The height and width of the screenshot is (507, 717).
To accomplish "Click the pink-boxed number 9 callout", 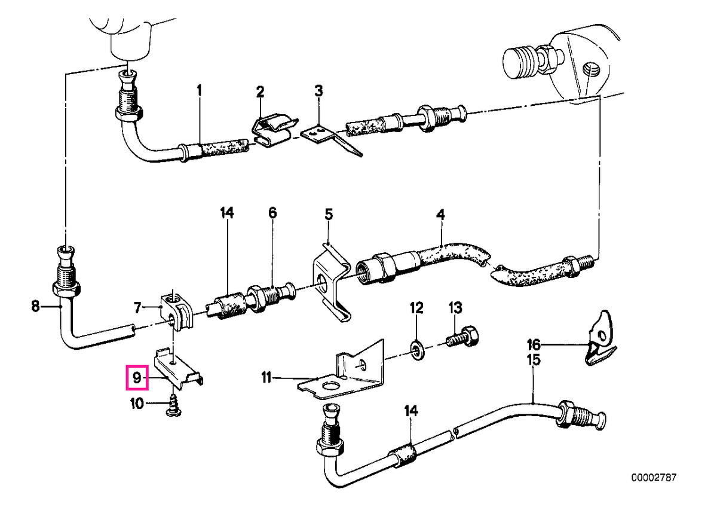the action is coord(137,378).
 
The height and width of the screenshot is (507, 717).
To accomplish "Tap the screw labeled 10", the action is coord(173,405).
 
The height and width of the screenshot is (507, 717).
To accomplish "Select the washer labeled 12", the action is coord(416,351).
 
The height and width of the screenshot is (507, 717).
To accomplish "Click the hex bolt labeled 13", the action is coord(462,341).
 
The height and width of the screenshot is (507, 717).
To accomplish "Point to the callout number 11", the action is coord(266,378).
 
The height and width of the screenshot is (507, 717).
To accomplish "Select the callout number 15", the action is coord(534,360).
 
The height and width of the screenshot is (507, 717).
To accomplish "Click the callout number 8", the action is coord(35,307).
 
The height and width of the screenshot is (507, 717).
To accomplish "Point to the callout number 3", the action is coord(318,91).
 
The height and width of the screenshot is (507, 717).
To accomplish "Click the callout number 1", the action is coord(200,91).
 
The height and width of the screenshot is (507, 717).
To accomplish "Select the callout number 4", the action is coord(440,214).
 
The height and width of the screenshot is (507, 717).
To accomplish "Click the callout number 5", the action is coord(329,214).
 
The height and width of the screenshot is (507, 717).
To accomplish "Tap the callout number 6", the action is coord(272,213).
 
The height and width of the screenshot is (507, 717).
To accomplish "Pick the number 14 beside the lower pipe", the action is coord(411,411).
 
